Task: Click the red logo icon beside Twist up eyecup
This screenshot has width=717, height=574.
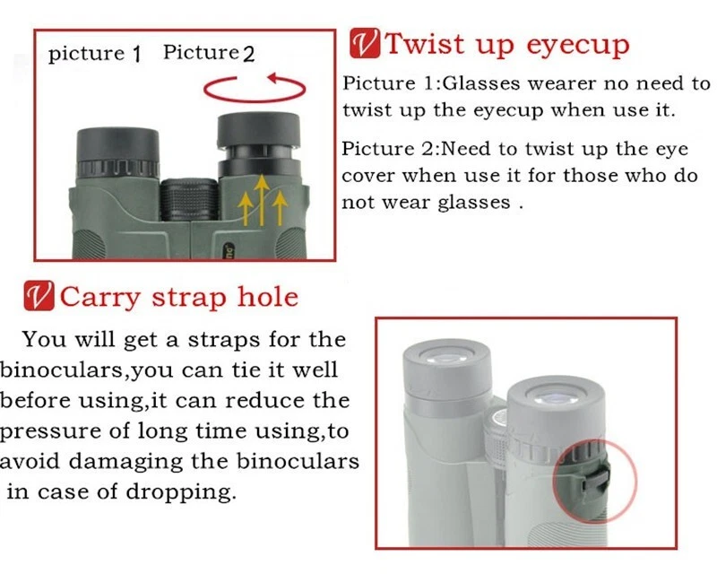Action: [x=365, y=43]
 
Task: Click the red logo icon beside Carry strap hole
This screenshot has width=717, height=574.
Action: [x=39, y=296]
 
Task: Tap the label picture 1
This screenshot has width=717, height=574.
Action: [x=95, y=54]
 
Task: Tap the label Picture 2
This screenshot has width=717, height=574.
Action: [x=209, y=53]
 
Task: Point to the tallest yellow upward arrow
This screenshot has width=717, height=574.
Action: [x=262, y=200]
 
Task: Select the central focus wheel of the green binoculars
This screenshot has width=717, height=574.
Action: [x=189, y=200]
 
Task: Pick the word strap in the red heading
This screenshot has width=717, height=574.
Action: [x=189, y=299]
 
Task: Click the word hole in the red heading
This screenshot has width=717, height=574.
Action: [x=267, y=296]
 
